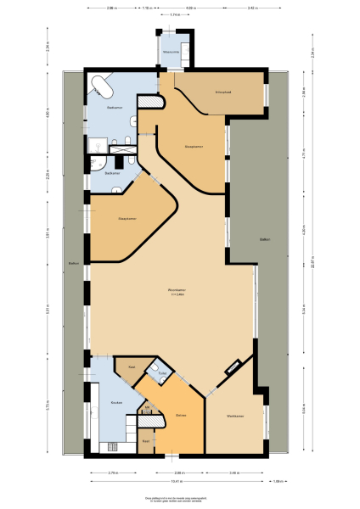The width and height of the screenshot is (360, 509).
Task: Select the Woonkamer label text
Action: click(x=177, y=290)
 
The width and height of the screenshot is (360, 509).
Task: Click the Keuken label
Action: click(x=116, y=402)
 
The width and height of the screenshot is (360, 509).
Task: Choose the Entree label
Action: click(x=181, y=415)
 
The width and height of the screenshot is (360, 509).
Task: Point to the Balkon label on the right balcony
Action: click(x=265, y=240)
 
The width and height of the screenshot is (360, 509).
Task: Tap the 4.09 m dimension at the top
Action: click(x=190, y=8)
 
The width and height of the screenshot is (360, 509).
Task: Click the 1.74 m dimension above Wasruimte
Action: click(x=174, y=15)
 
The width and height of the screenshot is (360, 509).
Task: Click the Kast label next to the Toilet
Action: click(x=132, y=366)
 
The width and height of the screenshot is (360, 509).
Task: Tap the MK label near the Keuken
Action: click(x=147, y=409)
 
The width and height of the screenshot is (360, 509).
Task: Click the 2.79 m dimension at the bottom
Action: click(x=112, y=472)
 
